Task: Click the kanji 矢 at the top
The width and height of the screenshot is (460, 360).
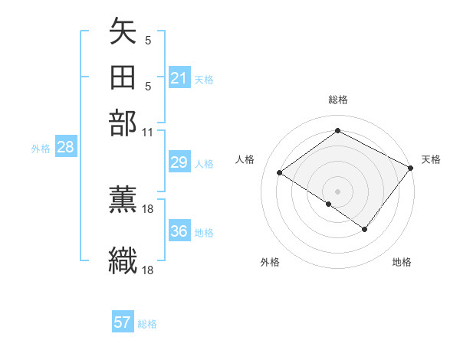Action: (123, 34)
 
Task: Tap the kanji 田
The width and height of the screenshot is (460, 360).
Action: (123, 78)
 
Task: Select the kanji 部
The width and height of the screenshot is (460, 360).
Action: (123, 123)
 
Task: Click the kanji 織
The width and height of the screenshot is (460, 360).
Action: (123, 260)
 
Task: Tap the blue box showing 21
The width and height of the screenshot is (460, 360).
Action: (179, 78)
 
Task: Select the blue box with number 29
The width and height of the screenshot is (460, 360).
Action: (179, 162)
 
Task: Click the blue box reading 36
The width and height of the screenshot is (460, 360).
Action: (179, 231)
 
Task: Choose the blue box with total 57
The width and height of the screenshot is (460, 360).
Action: (123, 322)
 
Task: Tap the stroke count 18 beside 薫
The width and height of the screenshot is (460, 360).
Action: (148, 208)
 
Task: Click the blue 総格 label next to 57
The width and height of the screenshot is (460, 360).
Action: (147, 324)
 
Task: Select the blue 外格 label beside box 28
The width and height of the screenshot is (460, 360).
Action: (41, 149)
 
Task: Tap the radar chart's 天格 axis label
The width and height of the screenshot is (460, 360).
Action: (431, 159)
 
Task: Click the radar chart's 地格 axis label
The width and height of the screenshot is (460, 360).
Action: (402, 262)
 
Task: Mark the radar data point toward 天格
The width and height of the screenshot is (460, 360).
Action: (411, 168)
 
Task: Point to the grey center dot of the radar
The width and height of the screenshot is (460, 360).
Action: (337, 191)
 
